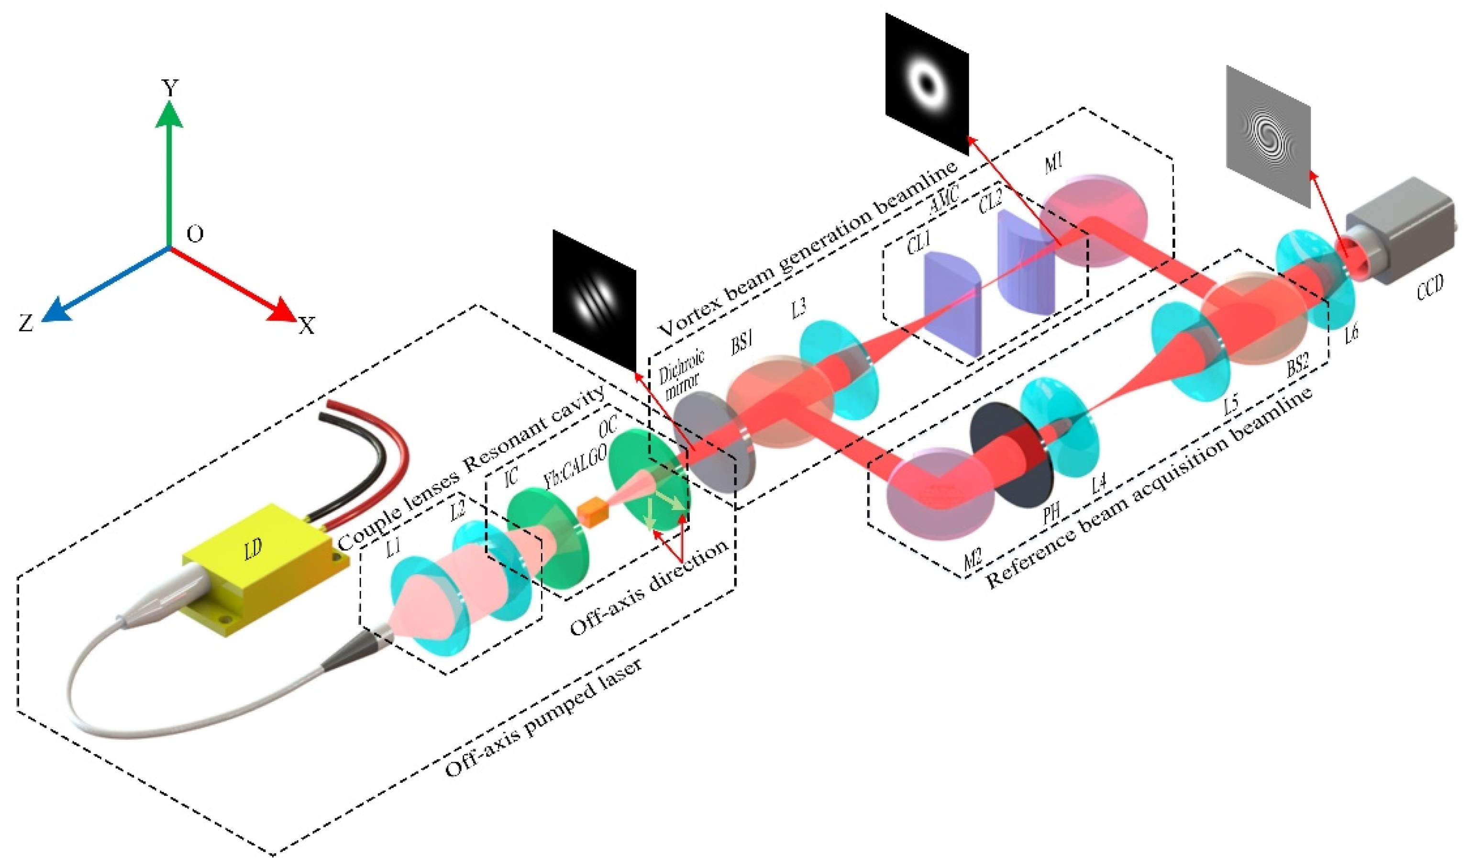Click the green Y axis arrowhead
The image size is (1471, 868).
(169, 113)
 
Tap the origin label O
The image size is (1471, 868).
(195, 234)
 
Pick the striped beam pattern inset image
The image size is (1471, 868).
(594, 298)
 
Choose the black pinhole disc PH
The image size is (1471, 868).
(1011, 463)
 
